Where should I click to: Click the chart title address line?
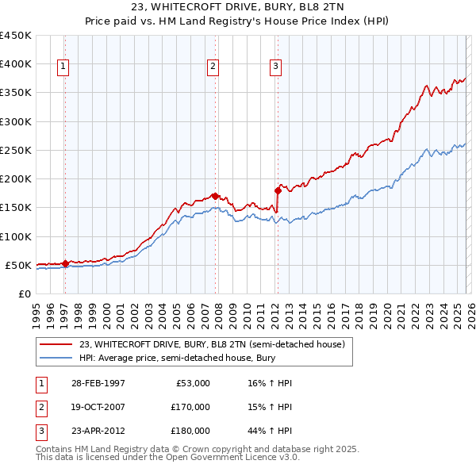point(237,8)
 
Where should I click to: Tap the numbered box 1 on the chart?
point(63,67)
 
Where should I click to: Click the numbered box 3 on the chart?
point(275,67)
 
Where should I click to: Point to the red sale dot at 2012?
point(278,190)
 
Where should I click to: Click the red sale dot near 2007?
point(215,195)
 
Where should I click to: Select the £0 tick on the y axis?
point(25,293)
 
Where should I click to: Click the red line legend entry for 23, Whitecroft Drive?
point(212,344)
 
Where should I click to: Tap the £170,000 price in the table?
point(190,407)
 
